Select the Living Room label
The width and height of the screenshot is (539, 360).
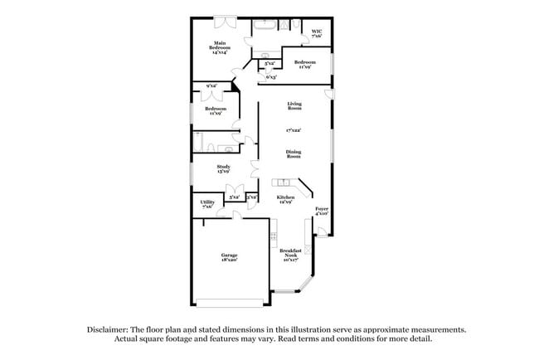click(x=294, y=106)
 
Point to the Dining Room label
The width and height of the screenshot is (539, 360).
click(x=294, y=153)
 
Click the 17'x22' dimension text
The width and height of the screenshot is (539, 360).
click(x=294, y=130)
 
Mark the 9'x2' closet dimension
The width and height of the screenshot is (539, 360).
click(x=212, y=85)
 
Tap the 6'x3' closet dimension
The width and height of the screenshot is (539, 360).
click(x=271, y=77)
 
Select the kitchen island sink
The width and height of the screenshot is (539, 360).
click(x=284, y=182)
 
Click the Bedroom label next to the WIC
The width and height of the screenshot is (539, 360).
click(x=304, y=64)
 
